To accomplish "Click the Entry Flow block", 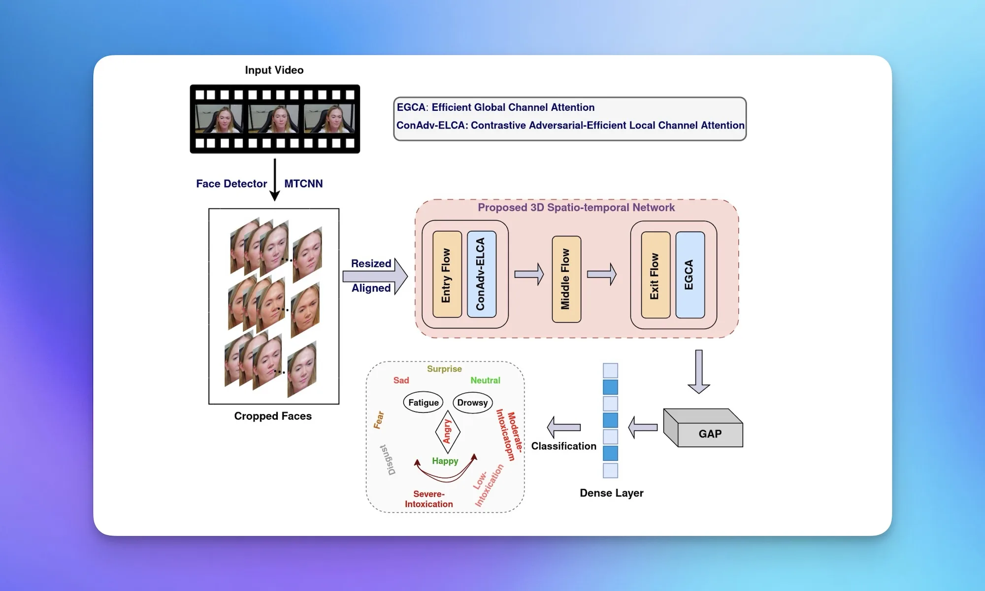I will click(x=447, y=274).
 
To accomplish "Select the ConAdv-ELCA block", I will click(x=481, y=274).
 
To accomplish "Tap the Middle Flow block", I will click(x=566, y=279).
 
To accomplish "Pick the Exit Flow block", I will click(x=656, y=275).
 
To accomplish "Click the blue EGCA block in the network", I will click(x=689, y=275).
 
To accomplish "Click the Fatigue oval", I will click(x=424, y=402).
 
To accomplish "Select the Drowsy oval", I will click(x=472, y=402).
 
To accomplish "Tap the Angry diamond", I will click(x=447, y=431).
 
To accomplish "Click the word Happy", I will click(x=445, y=461).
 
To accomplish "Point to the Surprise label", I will click(x=444, y=369).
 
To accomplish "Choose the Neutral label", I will click(x=485, y=380).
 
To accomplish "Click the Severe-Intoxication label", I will click(x=429, y=499).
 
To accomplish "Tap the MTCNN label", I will click(x=303, y=184).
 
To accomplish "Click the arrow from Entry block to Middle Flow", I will click(x=529, y=274).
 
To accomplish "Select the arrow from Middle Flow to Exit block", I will click(x=601, y=274).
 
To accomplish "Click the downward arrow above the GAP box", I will click(x=698, y=371).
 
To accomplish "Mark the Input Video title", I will click(x=274, y=70).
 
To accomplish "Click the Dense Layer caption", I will click(x=611, y=493).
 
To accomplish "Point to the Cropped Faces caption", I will click(x=273, y=416).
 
